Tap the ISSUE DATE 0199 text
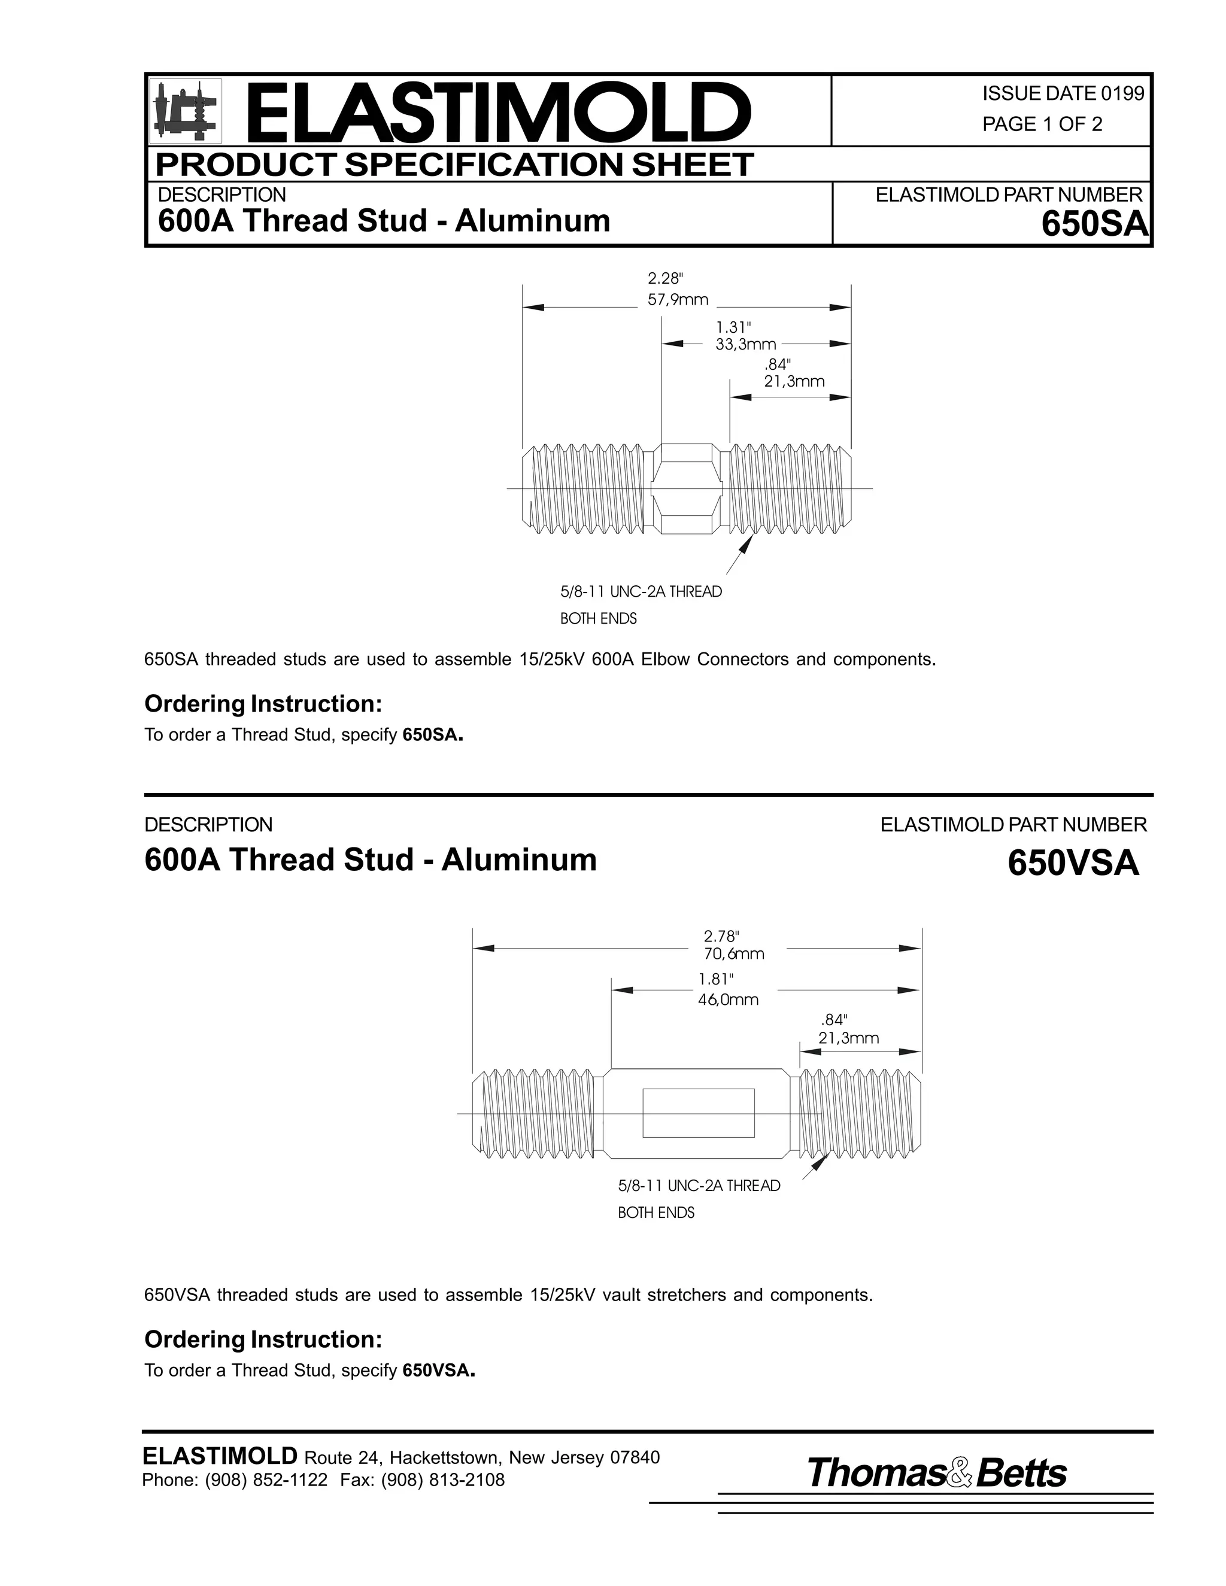[x=1063, y=94]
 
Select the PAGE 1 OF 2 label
[x=1042, y=124]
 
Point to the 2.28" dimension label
[x=665, y=279]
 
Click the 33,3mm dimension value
[x=745, y=345]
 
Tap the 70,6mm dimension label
[x=733, y=954]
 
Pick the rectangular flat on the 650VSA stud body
[x=698, y=1113]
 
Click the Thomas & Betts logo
[x=936, y=1473]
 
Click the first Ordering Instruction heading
[x=263, y=704]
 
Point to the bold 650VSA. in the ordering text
[x=439, y=1371]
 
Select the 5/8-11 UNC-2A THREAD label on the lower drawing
[x=699, y=1186]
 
